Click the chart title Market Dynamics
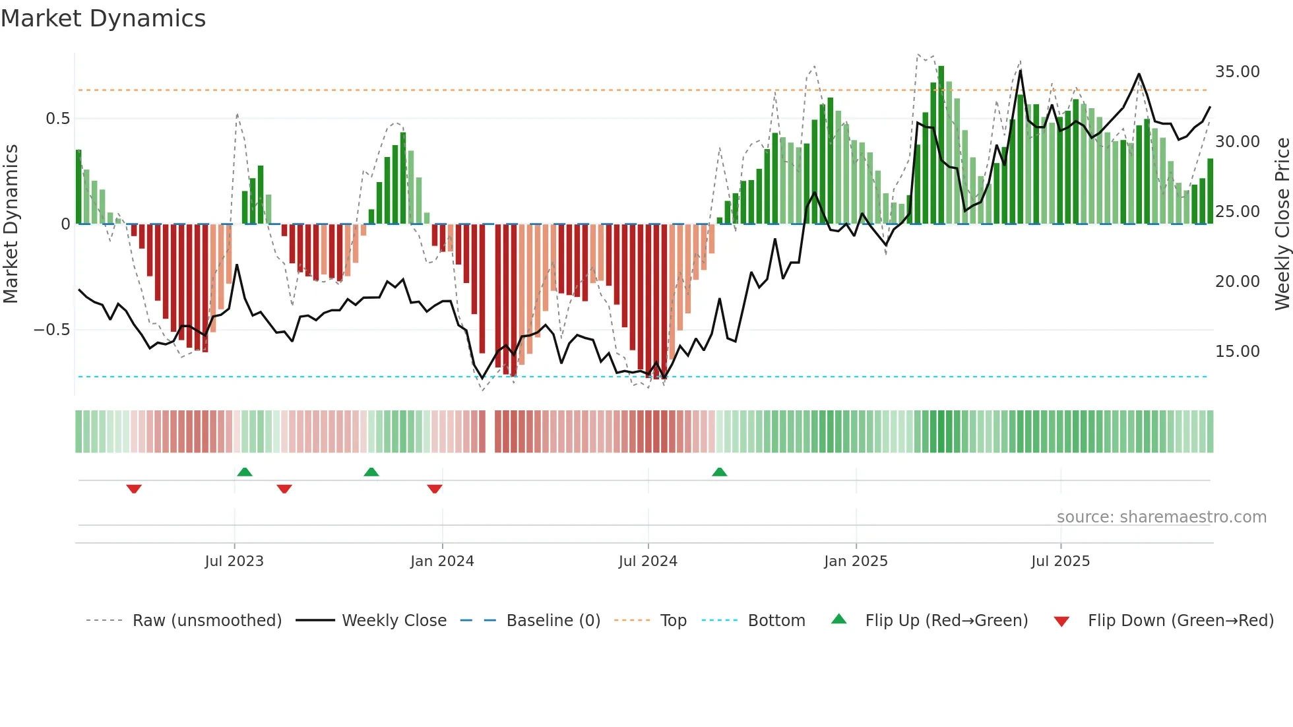(x=103, y=18)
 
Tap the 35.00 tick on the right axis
(x=1237, y=71)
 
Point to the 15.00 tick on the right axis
(x=1237, y=351)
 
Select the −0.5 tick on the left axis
(x=51, y=329)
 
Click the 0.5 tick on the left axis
(x=57, y=119)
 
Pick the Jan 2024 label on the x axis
(x=442, y=561)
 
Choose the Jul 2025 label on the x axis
(x=1060, y=561)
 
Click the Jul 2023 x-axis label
(x=234, y=561)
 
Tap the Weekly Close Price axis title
(x=1282, y=224)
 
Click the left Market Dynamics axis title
(x=11, y=224)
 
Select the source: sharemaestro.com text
(x=1161, y=517)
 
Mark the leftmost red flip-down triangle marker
(x=134, y=489)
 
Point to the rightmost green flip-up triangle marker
(x=720, y=472)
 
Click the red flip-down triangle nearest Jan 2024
(x=435, y=489)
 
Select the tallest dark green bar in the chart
(x=941, y=145)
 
